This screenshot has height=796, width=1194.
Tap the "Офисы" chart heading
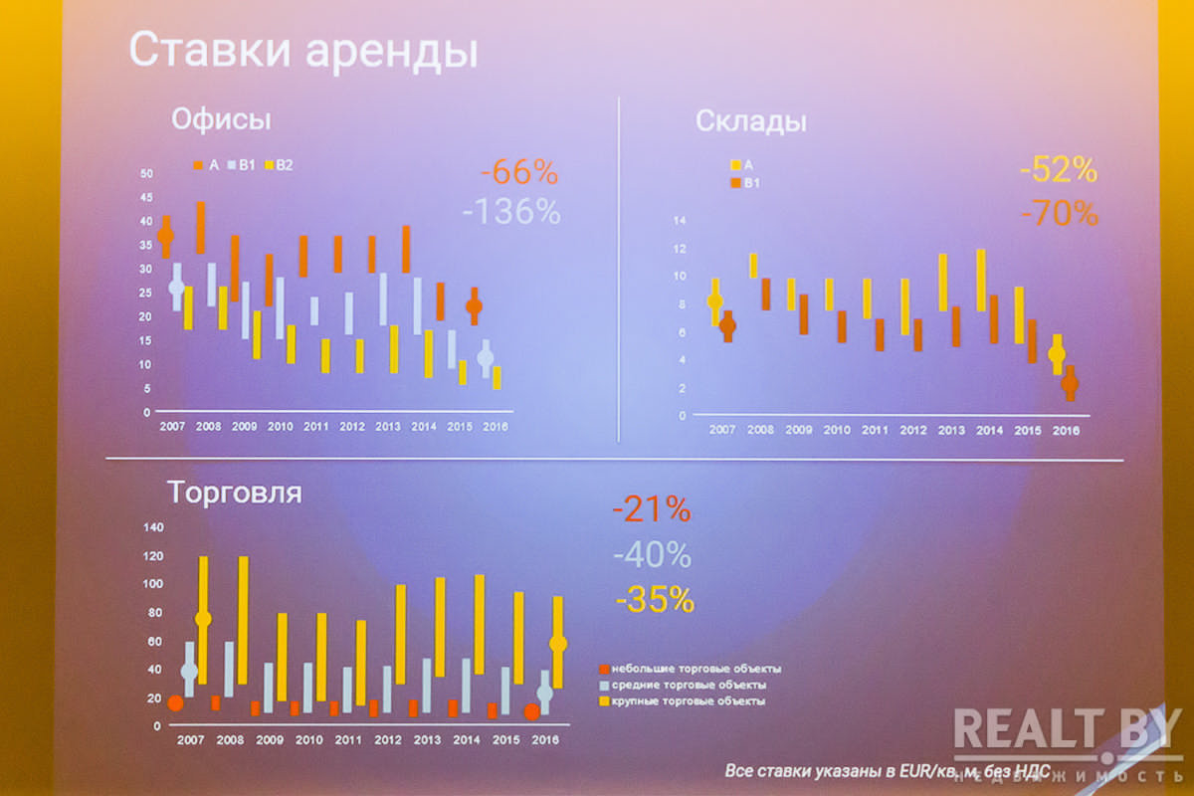221,119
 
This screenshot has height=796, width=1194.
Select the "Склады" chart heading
750,122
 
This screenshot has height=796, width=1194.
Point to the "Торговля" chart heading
234,492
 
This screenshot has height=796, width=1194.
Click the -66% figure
518,172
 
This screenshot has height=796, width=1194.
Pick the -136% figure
511,212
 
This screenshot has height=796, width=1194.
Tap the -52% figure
1058,170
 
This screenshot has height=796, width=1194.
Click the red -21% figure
651,509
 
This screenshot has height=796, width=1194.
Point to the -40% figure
652,554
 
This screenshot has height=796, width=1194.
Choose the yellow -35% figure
654,599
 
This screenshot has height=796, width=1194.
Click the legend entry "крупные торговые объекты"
689,701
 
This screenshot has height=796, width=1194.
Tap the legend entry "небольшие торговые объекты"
696,669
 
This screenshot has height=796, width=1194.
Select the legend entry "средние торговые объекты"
689,685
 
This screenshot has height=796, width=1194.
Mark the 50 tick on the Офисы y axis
146,173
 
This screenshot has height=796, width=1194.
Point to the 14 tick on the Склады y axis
681,220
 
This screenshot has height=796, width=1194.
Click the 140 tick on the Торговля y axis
152,526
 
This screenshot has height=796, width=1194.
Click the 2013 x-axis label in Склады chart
950,431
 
